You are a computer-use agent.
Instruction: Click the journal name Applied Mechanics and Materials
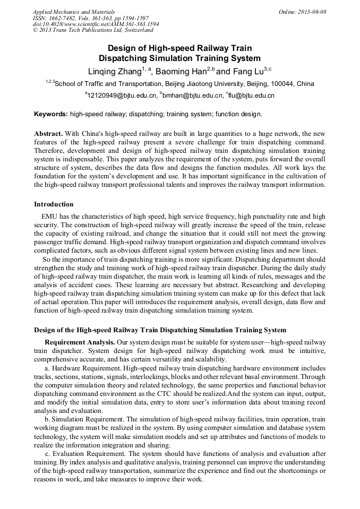pyautogui.click(x=67, y=12)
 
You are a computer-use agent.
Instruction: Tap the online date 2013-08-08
pyautogui.click(x=312, y=12)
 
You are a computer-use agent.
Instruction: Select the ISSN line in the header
pyautogui.click(x=90, y=18)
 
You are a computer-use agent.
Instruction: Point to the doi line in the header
pyautogui.click(x=96, y=24)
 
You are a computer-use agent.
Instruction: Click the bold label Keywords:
pyautogui.click(x=51, y=114)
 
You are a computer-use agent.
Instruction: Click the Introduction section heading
pyautogui.click(x=54, y=204)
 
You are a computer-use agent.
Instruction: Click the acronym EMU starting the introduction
pyautogui.click(x=49, y=217)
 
